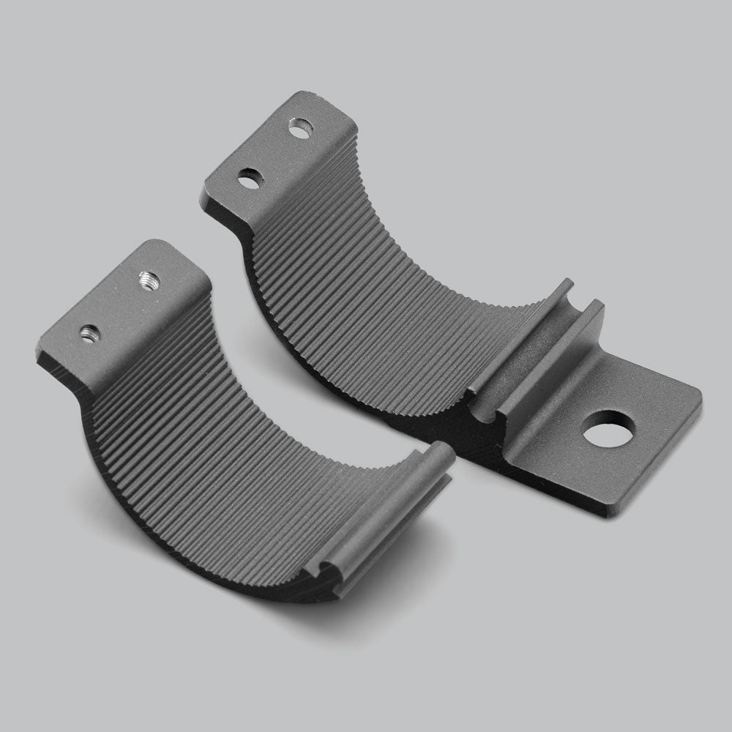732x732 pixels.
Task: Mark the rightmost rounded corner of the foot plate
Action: pyautogui.click(x=697, y=399)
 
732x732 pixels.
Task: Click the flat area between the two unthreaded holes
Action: pyautogui.click(x=274, y=154)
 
